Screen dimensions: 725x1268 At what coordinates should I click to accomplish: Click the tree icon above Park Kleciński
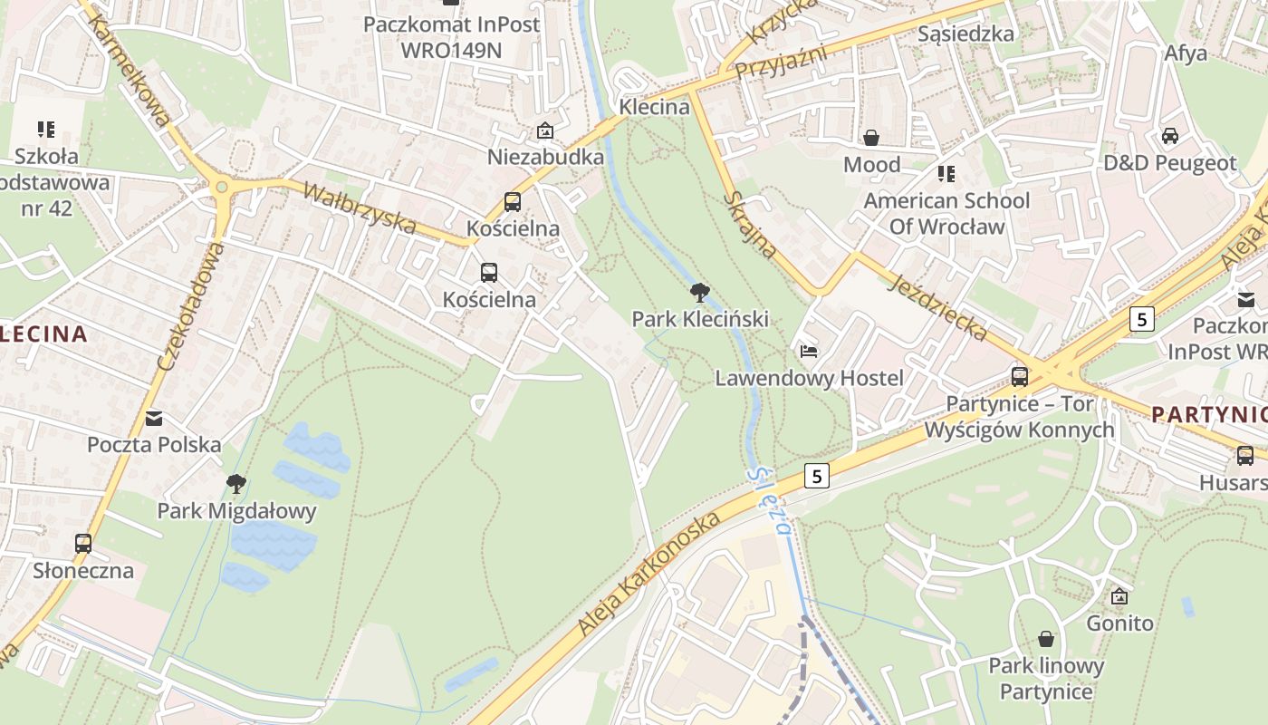(x=699, y=292)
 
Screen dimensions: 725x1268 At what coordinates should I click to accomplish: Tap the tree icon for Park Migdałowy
(x=236, y=484)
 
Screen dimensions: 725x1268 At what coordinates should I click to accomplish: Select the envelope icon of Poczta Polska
(x=154, y=418)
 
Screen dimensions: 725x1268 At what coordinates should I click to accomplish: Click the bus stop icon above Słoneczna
(x=83, y=544)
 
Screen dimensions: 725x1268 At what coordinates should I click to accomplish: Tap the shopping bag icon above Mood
(x=871, y=138)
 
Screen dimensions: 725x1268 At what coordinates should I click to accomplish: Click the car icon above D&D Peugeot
(x=1169, y=136)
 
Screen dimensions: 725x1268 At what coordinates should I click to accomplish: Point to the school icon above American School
(x=946, y=173)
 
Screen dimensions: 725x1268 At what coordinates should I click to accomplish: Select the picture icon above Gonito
(x=1119, y=596)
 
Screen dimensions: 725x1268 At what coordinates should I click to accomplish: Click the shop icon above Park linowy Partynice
(x=1046, y=639)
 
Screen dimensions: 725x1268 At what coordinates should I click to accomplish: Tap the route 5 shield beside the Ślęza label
(x=817, y=476)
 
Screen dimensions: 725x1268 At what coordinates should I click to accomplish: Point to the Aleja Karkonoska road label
(x=649, y=574)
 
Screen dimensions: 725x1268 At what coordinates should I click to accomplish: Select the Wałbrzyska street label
(x=360, y=208)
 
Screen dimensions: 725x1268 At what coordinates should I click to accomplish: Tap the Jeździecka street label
(x=939, y=309)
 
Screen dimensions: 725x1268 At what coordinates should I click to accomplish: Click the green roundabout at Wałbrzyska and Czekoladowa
(x=221, y=187)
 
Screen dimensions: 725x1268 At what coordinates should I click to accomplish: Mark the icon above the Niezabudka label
(x=545, y=131)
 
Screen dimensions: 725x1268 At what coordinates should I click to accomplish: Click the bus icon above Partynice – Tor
(x=1020, y=376)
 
